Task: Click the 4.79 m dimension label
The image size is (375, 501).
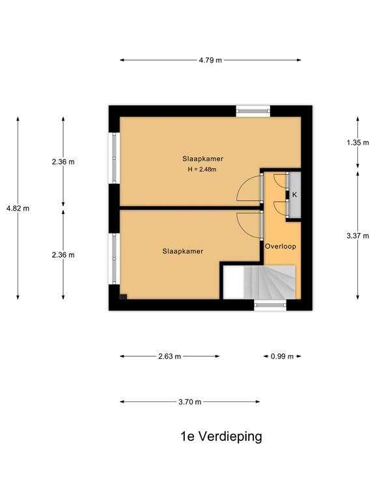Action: coord(210,60)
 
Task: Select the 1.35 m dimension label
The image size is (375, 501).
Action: coord(358,142)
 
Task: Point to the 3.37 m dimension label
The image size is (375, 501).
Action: coord(358,235)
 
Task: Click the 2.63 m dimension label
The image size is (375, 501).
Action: coord(169,356)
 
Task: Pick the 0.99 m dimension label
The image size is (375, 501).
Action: coord(283,356)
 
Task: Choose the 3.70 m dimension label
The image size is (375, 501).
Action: coord(189,402)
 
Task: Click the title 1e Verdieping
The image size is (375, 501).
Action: coord(221,436)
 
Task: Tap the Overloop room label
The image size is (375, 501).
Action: coord(281,246)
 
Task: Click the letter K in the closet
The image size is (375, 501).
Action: coord(294,194)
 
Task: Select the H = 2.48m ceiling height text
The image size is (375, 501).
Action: coord(201,170)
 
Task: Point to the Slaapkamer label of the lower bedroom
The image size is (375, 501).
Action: coord(183,250)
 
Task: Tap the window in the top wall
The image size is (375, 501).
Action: coord(253,110)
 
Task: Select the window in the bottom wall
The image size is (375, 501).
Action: coord(270,304)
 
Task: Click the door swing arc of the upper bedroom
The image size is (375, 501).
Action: coord(248,190)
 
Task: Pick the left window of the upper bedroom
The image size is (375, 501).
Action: coord(115,158)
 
